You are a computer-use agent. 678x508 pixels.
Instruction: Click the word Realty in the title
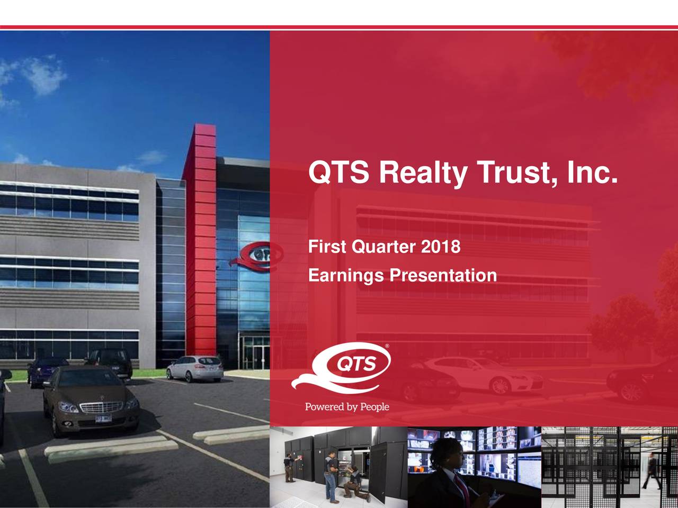420,173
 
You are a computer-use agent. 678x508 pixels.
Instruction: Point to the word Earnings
346,276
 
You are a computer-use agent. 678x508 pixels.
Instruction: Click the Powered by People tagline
347,406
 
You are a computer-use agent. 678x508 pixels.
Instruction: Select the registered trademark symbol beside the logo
387,346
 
